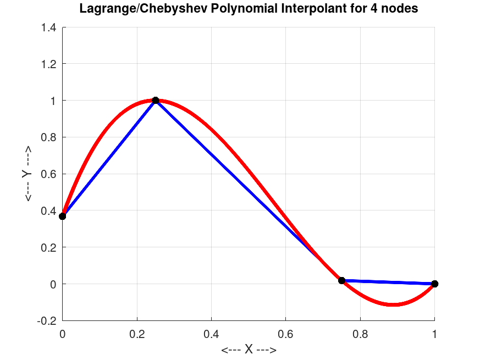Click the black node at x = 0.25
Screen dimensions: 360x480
coord(156,100)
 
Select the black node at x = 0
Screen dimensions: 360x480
coord(63,216)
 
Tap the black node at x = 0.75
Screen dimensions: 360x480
coord(341,280)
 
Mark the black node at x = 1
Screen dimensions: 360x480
coord(435,284)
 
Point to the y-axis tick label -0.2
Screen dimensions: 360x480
coord(47,320)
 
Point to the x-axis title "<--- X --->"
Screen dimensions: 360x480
coord(249,350)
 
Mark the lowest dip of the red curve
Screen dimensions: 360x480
coord(392,304)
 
